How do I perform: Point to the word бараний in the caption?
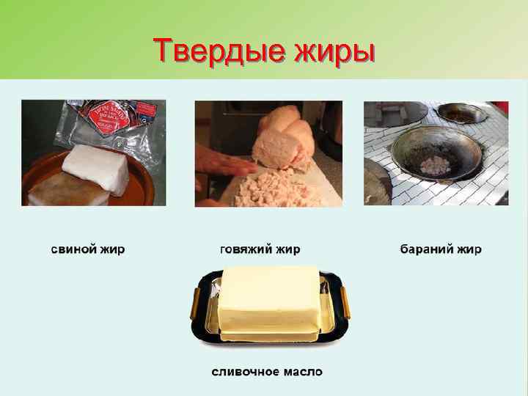425,249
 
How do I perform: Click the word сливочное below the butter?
245,372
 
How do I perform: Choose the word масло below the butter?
301,372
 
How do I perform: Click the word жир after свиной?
112,249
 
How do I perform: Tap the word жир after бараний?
469,249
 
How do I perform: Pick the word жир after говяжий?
288,249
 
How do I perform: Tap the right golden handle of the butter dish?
345,301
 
